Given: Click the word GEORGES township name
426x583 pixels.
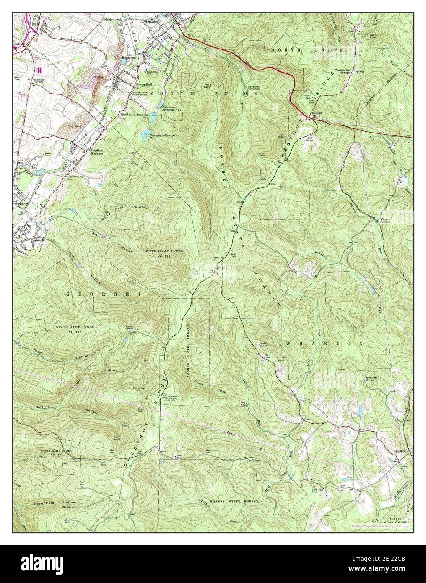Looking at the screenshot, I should click(103, 295).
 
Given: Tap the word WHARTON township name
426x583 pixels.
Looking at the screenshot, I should click(324, 343).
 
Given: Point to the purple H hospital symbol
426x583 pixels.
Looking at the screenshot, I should click(39, 69).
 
